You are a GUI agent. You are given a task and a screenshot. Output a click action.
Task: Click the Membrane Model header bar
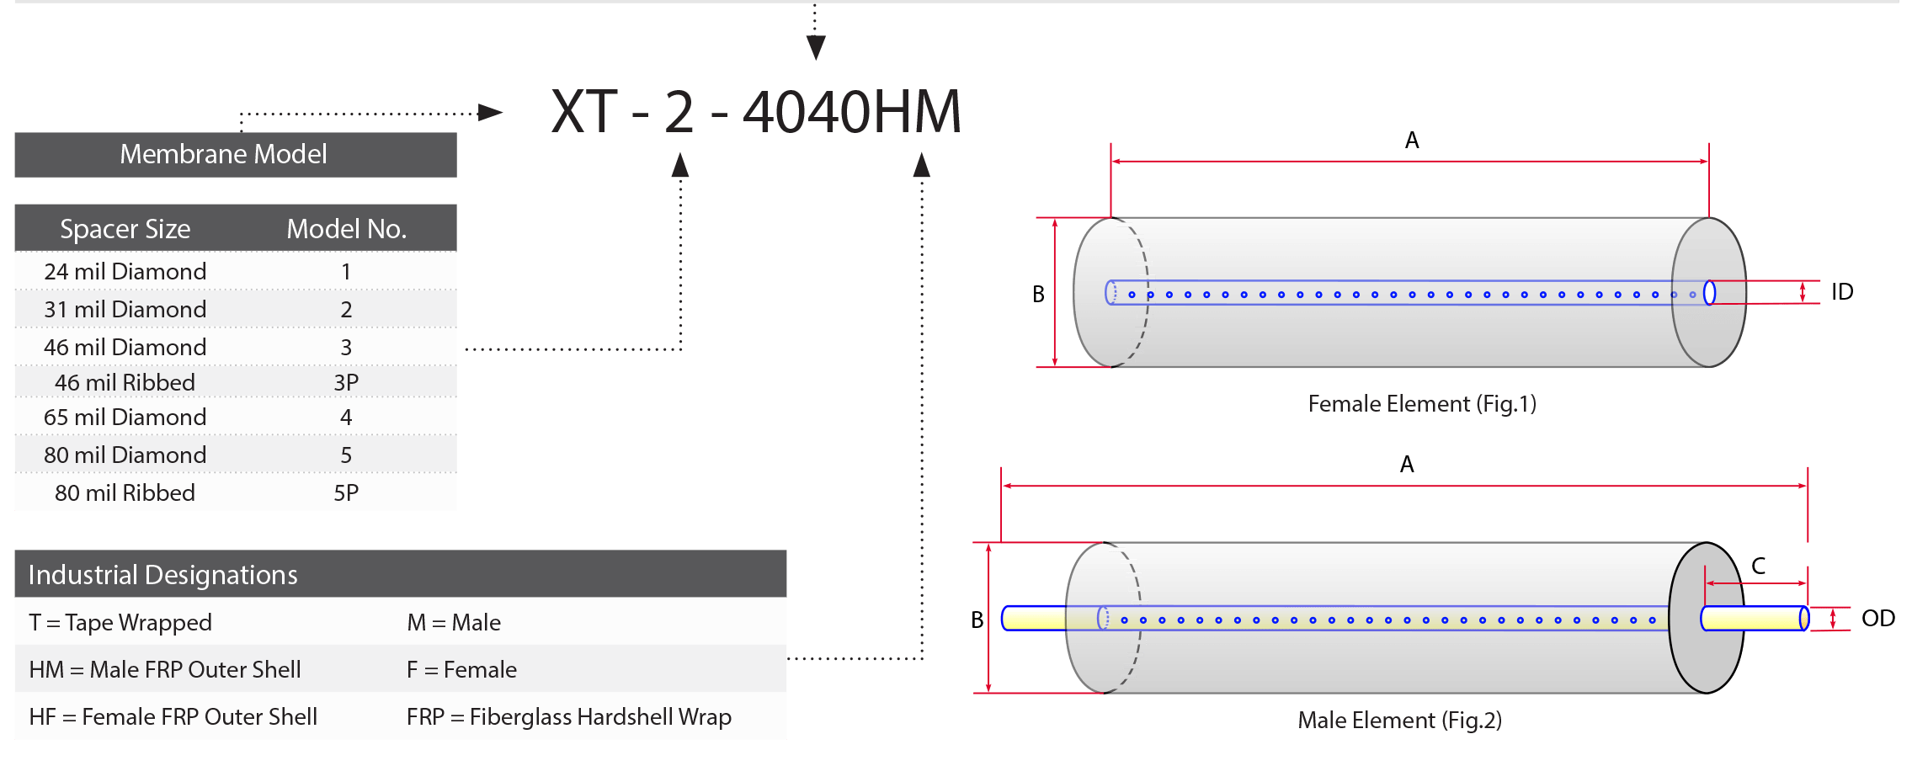pyautogui.click(x=236, y=154)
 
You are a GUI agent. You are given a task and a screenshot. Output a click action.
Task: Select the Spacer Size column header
pyautogui.click(x=125, y=229)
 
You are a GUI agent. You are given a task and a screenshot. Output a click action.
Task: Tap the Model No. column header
pyautogui.click(x=346, y=229)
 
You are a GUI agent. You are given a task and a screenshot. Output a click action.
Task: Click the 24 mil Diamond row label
pyautogui.click(x=125, y=271)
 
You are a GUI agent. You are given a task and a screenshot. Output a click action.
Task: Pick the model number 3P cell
pyautogui.click(x=346, y=382)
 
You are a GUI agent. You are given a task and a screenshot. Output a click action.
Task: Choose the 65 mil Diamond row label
pyautogui.click(x=125, y=417)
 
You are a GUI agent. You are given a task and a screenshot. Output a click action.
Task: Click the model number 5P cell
pyautogui.click(x=346, y=492)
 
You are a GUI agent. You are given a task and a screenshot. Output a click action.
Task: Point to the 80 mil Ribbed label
pyautogui.click(x=125, y=492)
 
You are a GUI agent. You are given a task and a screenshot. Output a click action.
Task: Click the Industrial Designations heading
pyautogui.click(x=163, y=575)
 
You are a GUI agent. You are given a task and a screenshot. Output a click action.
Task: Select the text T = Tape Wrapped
pyautogui.click(x=120, y=623)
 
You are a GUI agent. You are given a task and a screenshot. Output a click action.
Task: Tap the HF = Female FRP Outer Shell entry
pyautogui.click(x=173, y=716)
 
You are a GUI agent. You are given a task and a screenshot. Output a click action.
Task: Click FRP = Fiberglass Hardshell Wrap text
pyautogui.click(x=569, y=716)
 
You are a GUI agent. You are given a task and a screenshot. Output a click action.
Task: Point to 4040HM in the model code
pyautogui.click(x=852, y=111)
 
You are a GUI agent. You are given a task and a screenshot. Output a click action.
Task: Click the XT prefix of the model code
pyautogui.click(x=584, y=111)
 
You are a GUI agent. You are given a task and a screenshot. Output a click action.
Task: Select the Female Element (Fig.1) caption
pyautogui.click(x=1422, y=404)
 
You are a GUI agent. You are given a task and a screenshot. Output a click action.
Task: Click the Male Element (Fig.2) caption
pyautogui.click(x=1400, y=721)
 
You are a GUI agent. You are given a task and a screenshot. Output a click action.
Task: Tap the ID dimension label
pyautogui.click(x=1842, y=292)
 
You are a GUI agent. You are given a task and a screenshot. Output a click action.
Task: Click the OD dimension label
pyautogui.click(x=1878, y=619)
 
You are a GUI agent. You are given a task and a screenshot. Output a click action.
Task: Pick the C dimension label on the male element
pyautogui.click(x=1759, y=566)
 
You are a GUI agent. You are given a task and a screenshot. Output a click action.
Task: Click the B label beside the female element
pyautogui.click(x=1039, y=295)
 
